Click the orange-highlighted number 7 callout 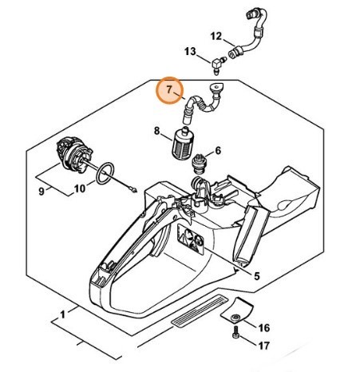[x=170, y=92]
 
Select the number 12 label [x=216, y=36]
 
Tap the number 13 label [x=190, y=52]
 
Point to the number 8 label [x=157, y=129]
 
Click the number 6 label [x=218, y=150]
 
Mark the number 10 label [x=80, y=190]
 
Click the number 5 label [x=257, y=276]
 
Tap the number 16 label [x=264, y=327]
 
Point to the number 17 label [x=264, y=346]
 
